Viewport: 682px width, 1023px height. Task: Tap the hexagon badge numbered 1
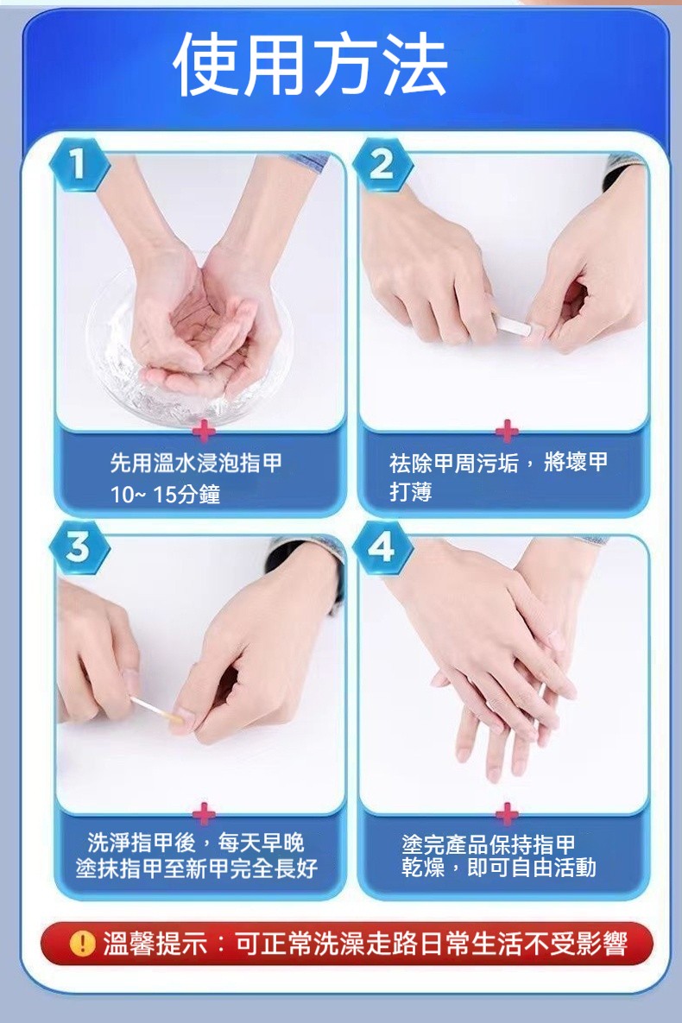click(79, 164)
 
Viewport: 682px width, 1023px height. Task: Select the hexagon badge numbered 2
click(382, 164)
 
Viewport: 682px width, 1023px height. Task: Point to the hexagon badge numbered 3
click(79, 546)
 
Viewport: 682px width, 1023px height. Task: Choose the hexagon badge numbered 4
click(382, 546)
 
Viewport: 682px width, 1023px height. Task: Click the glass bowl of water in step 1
click(189, 352)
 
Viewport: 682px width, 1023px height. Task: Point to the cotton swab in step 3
click(156, 709)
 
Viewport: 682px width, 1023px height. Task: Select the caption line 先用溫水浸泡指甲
click(196, 463)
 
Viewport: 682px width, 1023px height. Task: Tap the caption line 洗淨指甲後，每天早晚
click(196, 843)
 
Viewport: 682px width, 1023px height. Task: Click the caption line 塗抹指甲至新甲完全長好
click(197, 868)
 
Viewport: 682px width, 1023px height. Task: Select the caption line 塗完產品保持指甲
click(489, 844)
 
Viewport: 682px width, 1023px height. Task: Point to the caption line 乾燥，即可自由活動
click(499, 868)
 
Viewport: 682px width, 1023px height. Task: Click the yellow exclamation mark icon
click(83, 944)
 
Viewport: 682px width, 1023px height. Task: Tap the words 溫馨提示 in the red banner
click(155, 944)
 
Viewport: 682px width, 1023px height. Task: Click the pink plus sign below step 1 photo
click(205, 432)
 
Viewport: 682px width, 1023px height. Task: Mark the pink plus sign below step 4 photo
click(507, 813)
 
